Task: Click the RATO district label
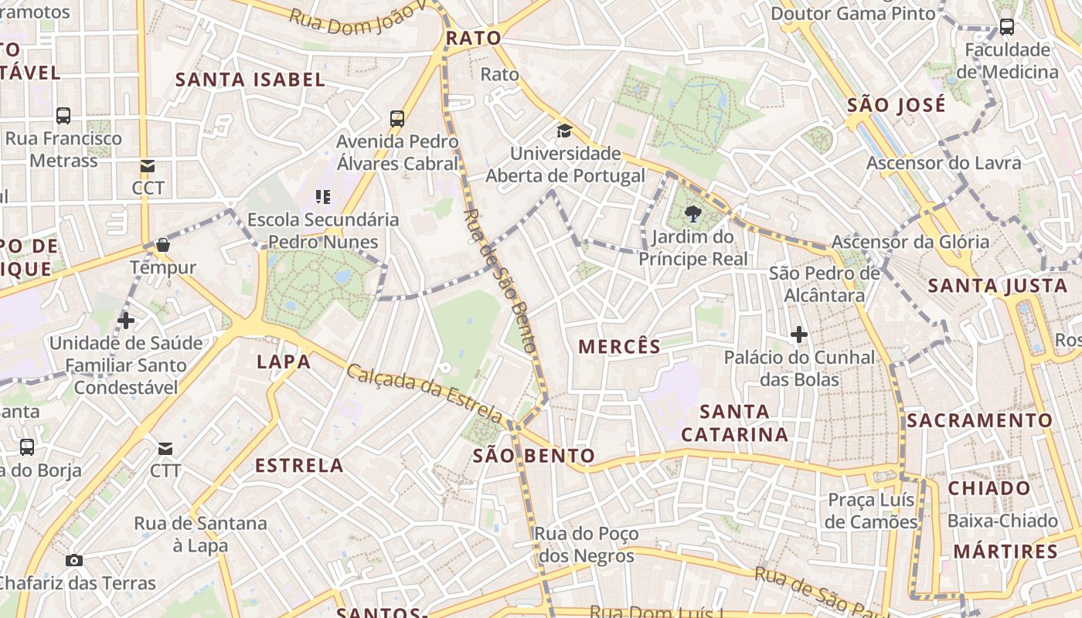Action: click(x=474, y=38)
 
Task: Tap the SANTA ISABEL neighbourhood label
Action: click(x=250, y=80)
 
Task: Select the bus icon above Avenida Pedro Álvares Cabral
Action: click(x=397, y=119)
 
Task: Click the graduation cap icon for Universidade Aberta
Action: click(x=564, y=131)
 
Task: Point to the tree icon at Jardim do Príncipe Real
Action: click(x=692, y=214)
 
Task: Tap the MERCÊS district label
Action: click(x=620, y=347)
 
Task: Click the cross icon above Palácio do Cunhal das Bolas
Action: click(x=799, y=334)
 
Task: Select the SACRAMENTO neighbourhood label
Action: click(x=979, y=421)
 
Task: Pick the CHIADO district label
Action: click(x=989, y=488)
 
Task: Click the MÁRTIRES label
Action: click(x=1005, y=552)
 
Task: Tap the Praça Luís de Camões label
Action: click(x=872, y=511)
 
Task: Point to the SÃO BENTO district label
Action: click(x=534, y=456)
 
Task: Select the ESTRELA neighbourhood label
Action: click(x=299, y=465)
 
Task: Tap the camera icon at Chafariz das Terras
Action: click(x=74, y=560)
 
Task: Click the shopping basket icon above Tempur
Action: click(x=162, y=245)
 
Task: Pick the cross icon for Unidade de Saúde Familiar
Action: click(x=125, y=320)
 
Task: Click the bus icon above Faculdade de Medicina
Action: click(x=1006, y=27)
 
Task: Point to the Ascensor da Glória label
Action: click(x=910, y=242)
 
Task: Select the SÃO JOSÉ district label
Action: click(x=897, y=105)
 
